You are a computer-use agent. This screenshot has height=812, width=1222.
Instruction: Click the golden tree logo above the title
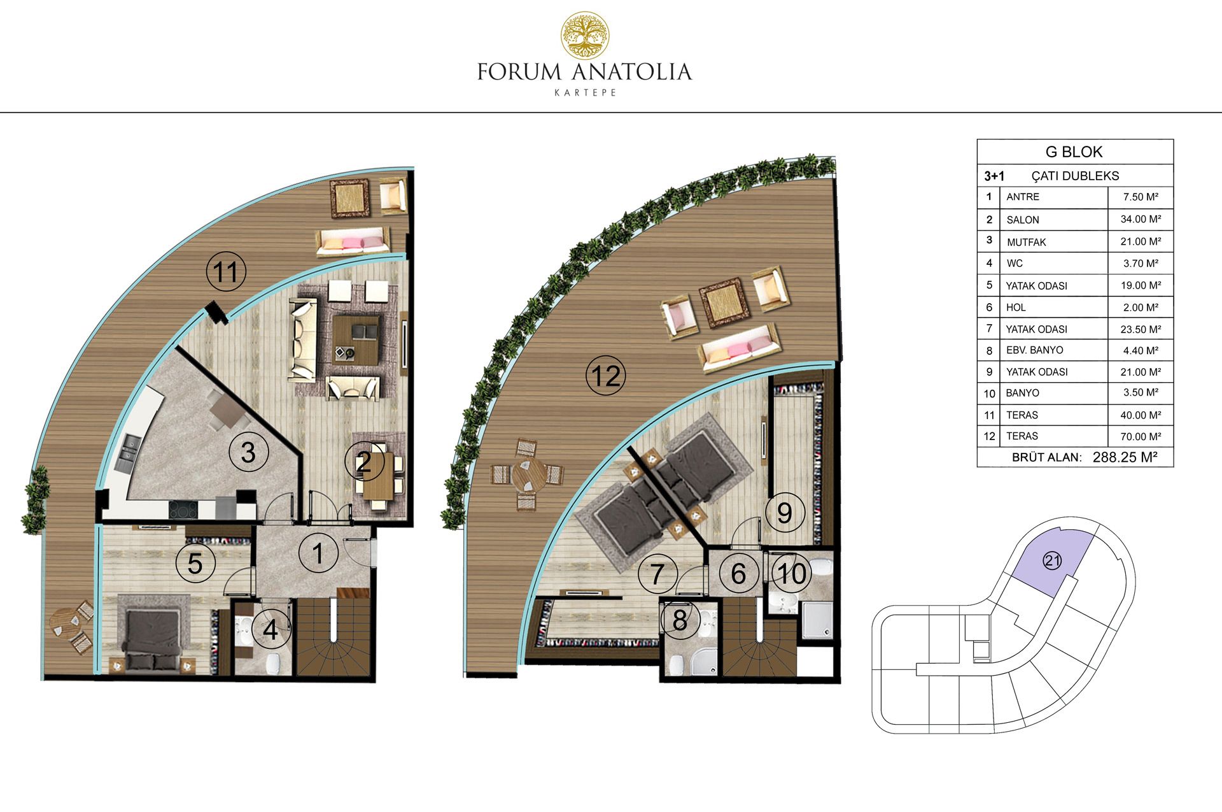pos(584,36)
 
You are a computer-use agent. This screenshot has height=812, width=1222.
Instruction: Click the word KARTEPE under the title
pos(585,92)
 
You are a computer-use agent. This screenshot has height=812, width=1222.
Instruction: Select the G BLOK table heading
pos(1074,152)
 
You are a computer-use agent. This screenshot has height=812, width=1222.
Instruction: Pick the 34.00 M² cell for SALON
pos(1141,219)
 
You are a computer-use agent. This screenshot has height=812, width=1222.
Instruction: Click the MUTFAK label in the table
pos(1026,242)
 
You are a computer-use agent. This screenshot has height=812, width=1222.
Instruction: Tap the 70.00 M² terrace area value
pos(1141,436)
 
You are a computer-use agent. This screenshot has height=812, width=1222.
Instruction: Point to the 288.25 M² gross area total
pos(1125,457)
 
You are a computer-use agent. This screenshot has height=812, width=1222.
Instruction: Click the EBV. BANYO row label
pos(1034,350)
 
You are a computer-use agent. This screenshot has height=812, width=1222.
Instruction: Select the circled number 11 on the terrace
pos(226,272)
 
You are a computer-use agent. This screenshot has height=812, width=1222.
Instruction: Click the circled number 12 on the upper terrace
pos(605,376)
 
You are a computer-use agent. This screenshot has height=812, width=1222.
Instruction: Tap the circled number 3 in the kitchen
pos(248,452)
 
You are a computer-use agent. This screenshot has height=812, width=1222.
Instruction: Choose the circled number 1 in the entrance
pos(318,553)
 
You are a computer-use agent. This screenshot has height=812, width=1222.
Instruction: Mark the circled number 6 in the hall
pos(738,573)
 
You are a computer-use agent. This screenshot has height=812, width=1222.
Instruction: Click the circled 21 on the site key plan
pos(1052,561)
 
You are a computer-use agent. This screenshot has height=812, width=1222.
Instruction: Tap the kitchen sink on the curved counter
pos(128,452)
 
